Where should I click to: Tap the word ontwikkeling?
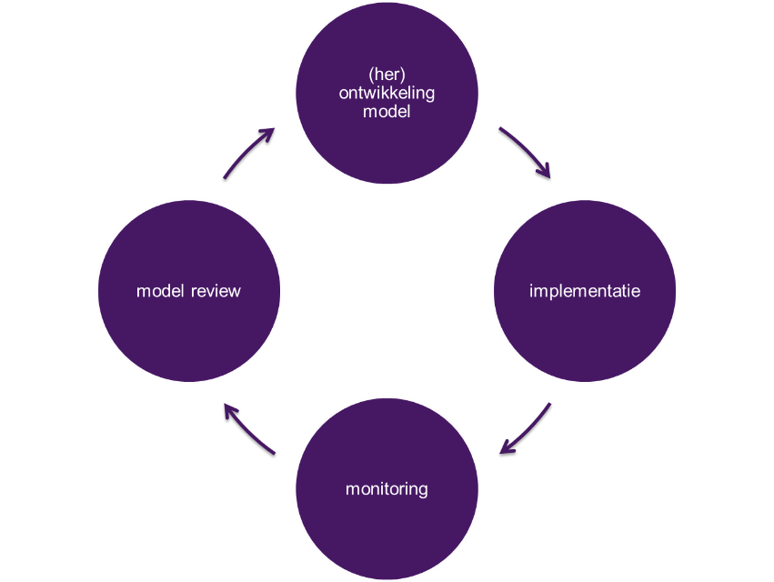click(387, 92)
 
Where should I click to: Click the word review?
click(216, 291)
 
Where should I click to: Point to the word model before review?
click(161, 291)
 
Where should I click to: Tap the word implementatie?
click(585, 291)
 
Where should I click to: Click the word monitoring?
click(387, 489)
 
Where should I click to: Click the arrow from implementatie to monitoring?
click(528, 428)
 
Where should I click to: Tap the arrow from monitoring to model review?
click(247, 427)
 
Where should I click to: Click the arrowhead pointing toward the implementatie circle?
click(547, 172)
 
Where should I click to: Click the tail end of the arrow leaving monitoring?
click(274, 452)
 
